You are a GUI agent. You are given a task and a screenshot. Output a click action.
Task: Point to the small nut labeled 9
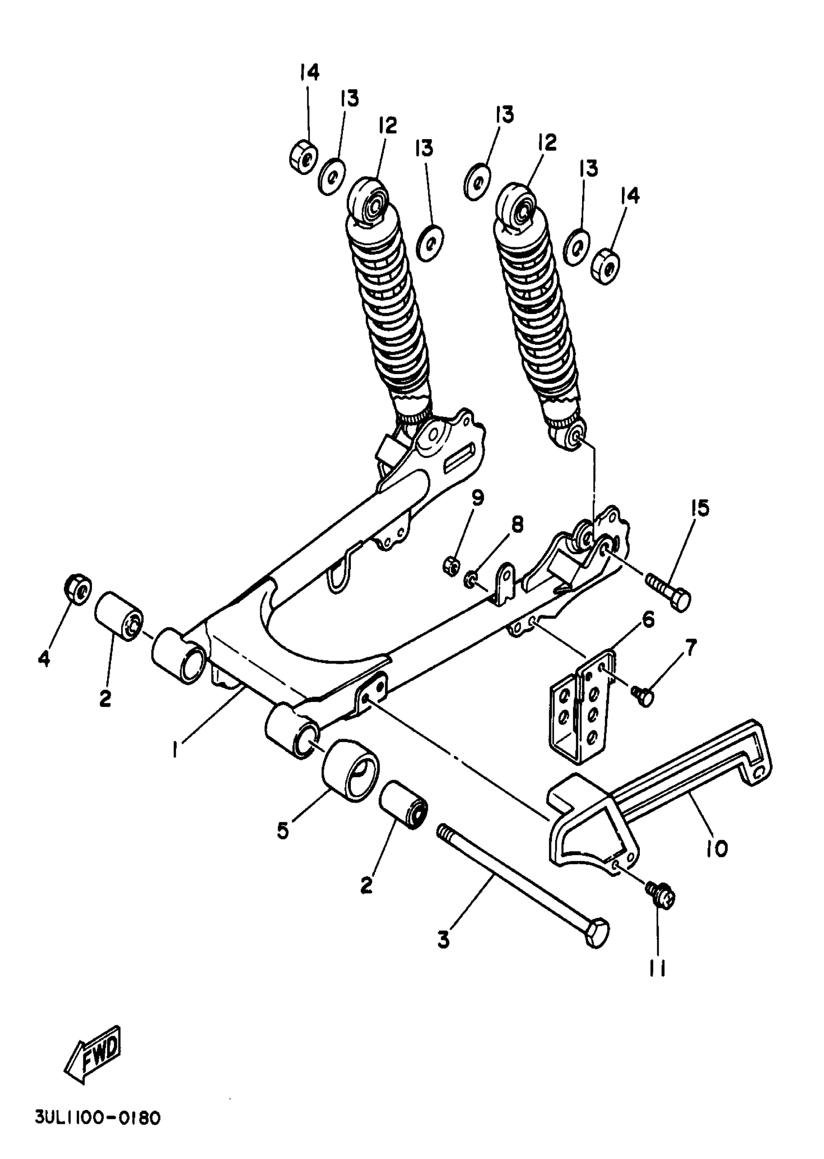click(x=451, y=565)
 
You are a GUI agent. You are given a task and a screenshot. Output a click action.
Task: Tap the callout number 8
click(x=517, y=524)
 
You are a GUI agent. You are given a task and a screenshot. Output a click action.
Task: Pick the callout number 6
click(x=648, y=619)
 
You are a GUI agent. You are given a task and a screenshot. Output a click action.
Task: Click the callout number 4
click(x=45, y=659)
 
